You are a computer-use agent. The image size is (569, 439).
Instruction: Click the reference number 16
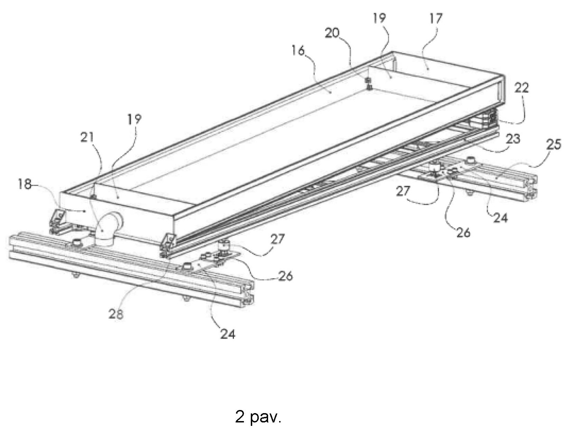[298, 51]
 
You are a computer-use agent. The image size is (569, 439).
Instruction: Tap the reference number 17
[435, 18]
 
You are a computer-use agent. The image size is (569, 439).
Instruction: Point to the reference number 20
[332, 33]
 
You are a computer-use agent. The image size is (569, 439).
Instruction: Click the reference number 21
[87, 137]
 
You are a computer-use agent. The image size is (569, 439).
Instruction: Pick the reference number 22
[521, 88]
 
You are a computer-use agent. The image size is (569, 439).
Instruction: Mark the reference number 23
[513, 139]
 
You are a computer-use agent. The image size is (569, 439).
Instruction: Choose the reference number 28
[116, 314]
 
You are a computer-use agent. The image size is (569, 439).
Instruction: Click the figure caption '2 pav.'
[258, 417]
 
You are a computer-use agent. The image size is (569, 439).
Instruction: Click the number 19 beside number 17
[379, 18]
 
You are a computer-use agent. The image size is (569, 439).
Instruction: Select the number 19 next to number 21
[134, 119]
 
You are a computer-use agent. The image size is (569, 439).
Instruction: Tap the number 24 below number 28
[228, 334]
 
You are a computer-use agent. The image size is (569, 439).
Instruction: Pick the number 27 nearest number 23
[403, 191]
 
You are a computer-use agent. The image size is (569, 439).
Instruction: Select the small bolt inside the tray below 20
[369, 83]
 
